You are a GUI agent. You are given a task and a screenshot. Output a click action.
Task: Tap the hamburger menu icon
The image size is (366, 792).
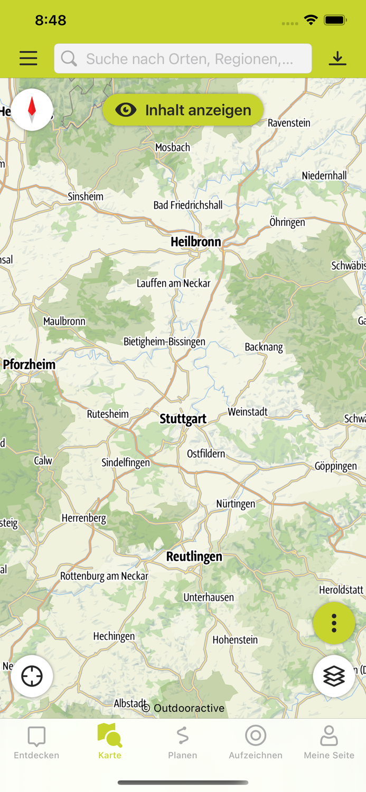pyautogui.click(x=29, y=58)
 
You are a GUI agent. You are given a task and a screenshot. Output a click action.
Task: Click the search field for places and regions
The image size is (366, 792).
pyautogui.click(x=183, y=59)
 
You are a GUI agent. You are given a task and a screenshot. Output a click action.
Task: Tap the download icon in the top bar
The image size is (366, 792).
pyautogui.click(x=337, y=58)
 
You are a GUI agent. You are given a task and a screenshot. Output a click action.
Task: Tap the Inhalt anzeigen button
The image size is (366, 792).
pyautogui.click(x=183, y=110)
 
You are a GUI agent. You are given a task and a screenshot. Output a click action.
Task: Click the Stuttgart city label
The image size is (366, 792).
pyautogui.click(x=183, y=419)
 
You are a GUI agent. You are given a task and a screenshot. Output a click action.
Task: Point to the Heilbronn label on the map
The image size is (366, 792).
pyautogui.click(x=196, y=242)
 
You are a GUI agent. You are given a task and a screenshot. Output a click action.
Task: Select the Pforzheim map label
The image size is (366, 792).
pyautogui.click(x=29, y=364)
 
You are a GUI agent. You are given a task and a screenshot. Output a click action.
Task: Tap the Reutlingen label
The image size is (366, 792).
pyautogui.click(x=194, y=557)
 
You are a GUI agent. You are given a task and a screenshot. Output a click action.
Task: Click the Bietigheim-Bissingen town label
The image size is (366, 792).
pyautogui.click(x=164, y=342)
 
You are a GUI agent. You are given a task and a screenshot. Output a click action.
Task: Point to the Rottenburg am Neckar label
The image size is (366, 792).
pyautogui.click(x=104, y=576)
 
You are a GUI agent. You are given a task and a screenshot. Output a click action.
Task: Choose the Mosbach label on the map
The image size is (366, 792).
pyautogui.click(x=172, y=147)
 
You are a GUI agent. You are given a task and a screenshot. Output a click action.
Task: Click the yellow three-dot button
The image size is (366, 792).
pyautogui.click(x=334, y=623)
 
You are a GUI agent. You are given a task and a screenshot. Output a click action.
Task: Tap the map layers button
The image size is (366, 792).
pyautogui.click(x=334, y=676)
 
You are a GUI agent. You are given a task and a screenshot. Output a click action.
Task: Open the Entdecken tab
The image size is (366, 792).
pyautogui.click(x=36, y=742)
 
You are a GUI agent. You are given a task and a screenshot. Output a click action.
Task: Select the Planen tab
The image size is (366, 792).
pyautogui.click(x=183, y=742)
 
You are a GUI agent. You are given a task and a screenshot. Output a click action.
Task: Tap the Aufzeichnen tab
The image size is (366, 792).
pyautogui.click(x=256, y=742)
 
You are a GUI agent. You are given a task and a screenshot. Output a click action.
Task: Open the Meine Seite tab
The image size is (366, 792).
pyautogui.click(x=329, y=742)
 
